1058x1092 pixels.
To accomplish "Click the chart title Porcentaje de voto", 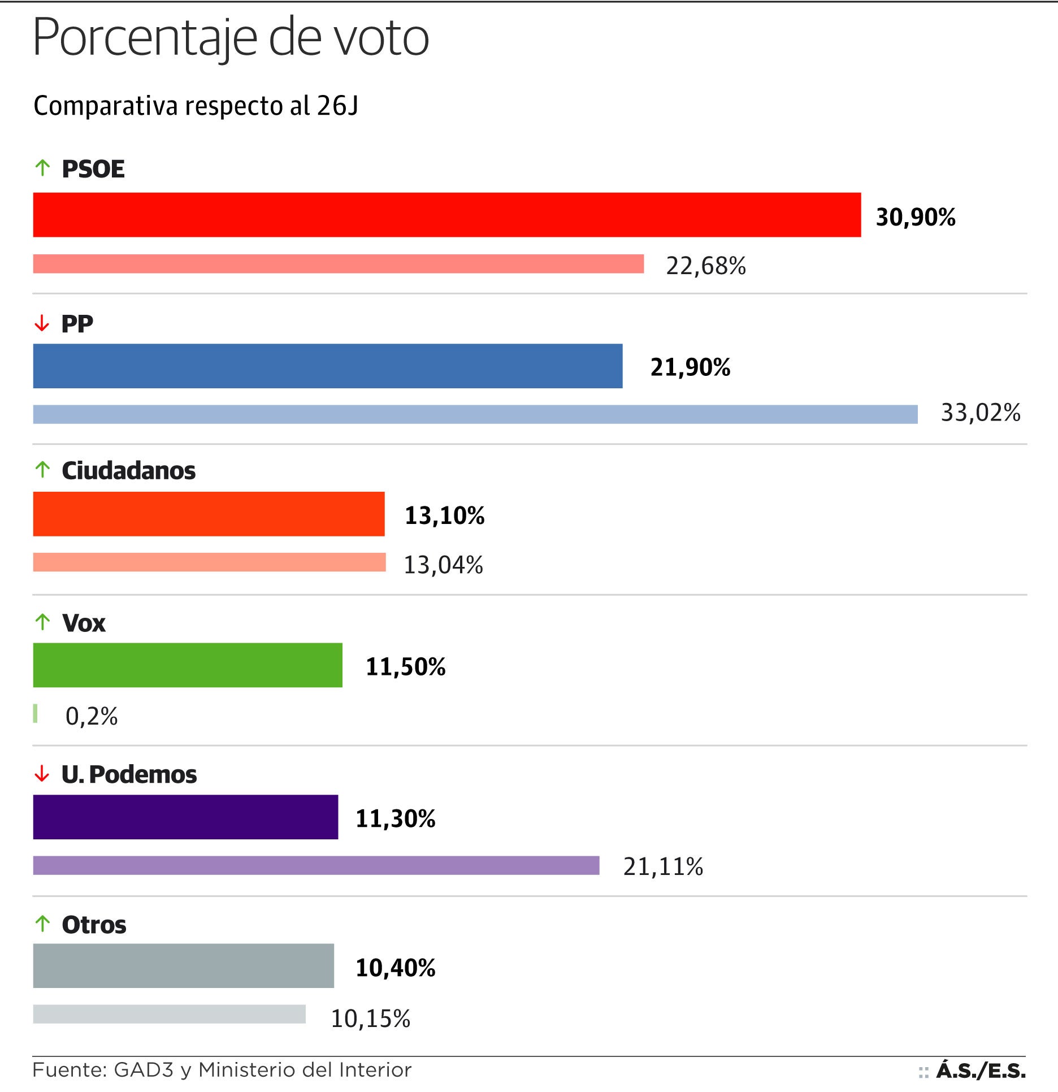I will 231,37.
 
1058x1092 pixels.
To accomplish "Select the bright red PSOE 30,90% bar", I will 446,215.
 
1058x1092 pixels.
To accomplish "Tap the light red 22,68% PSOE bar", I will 338,264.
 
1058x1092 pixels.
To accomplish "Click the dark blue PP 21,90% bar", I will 328,366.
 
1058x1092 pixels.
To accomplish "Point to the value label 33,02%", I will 980,413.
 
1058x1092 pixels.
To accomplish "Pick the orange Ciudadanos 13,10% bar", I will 209,514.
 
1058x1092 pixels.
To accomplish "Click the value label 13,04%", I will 443,565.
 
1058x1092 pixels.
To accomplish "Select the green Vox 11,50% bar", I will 188,665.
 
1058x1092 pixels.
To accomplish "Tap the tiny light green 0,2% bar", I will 36,713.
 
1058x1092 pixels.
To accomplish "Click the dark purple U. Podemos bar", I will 185,817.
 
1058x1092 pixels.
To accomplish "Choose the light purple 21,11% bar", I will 316,865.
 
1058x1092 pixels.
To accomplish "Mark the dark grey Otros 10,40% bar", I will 183,965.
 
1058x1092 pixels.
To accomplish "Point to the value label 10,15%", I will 370,1019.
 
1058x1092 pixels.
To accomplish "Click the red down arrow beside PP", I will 42,323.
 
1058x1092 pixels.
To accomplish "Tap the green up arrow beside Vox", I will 42,622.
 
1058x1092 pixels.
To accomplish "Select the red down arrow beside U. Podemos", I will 42,774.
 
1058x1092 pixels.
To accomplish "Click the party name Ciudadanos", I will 128,470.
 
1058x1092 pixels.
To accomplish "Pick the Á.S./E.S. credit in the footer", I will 981,1071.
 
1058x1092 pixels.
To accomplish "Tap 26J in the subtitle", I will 337,106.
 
